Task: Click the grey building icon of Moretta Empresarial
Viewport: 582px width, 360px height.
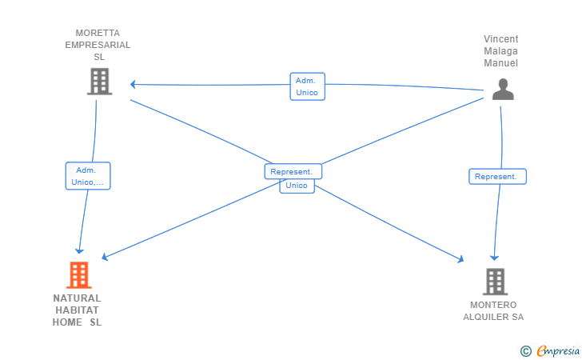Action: [100, 82]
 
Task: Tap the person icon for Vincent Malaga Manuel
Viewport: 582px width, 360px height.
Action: [503, 89]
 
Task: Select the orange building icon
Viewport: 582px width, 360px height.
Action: [79, 275]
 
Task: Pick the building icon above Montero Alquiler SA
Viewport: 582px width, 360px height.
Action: [495, 282]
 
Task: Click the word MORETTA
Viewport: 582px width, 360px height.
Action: [98, 33]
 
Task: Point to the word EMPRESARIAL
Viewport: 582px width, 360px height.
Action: [98, 45]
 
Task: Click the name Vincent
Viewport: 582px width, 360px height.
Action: [500, 39]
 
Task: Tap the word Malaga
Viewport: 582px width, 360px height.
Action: [500, 51]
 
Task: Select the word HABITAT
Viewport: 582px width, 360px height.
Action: [78, 310]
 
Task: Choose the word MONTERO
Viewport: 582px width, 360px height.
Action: [493, 305]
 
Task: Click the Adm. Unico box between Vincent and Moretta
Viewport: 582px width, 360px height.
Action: [307, 86]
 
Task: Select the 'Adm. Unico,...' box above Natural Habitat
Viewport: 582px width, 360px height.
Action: [88, 176]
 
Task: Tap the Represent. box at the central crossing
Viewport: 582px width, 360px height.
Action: [293, 171]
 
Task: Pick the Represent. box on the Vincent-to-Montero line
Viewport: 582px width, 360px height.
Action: [497, 177]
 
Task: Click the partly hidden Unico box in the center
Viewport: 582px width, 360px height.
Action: [297, 186]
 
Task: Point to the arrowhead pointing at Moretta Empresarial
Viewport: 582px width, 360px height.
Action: [133, 84]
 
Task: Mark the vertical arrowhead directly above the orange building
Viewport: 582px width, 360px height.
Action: [79, 251]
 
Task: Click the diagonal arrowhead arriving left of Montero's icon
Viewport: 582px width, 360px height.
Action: [461, 259]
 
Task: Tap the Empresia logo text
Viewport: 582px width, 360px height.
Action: [558, 350]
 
